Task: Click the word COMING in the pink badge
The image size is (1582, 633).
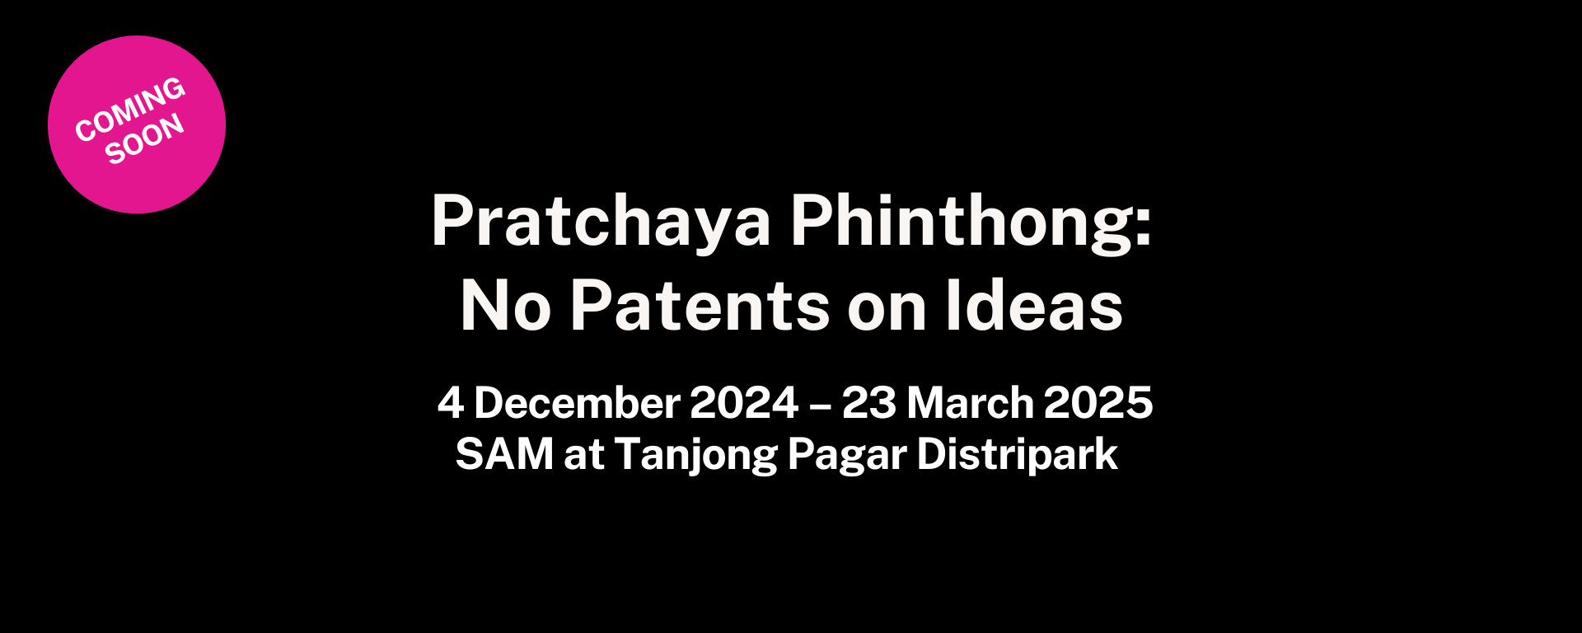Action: pyautogui.click(x=130, y=108)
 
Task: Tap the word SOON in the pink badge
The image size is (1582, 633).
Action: pyautogui.click(x=144, y=138)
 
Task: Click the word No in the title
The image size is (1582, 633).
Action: pyautogui.click(x=505, y=306)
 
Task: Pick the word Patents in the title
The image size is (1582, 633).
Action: pyautogui.click(x=700, y=306)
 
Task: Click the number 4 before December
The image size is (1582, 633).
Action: pyautogui.click(x=450, y=403)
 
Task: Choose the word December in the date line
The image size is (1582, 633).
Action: pyautogui.click(x=577, y=403)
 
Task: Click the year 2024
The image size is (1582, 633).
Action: pyautogui.click(x=744, y=403)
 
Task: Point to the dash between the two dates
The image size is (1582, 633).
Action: pyautogui.click(x=820, y=405)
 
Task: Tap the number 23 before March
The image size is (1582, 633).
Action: pyautogui.click(x=868, y=403)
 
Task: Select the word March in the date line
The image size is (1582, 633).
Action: pyautogui.click(x=970, y=403)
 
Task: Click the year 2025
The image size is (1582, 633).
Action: pyautogui.click(x=1098, y=403)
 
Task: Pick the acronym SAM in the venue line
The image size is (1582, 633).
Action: pyautogui.click(x=504, y=454)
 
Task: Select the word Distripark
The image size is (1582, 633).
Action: pyautogui.click(x=1017, y=454)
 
